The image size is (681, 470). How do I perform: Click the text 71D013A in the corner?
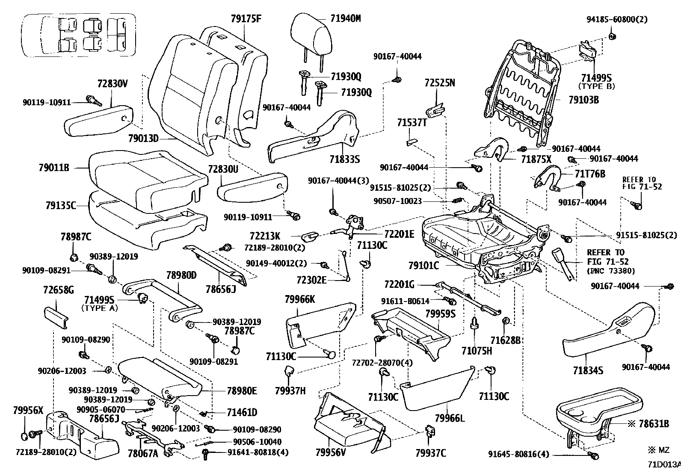(663, 464)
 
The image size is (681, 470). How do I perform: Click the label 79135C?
(60, 206)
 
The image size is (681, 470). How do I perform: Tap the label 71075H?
(477, 351)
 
